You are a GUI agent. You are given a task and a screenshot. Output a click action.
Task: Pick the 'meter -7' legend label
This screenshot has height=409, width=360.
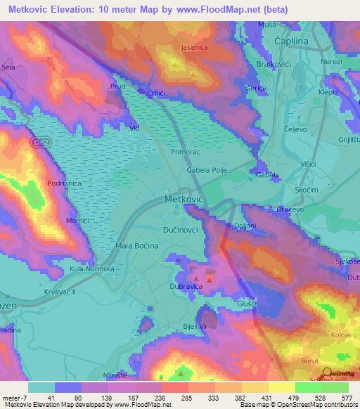coord(14,398)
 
